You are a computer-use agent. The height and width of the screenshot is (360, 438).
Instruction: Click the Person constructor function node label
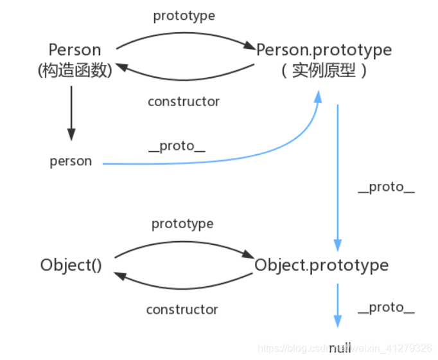coord(75,50)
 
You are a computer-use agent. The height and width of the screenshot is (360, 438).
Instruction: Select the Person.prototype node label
coord(324,50)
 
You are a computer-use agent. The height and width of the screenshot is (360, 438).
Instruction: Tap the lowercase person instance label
coord(71,161)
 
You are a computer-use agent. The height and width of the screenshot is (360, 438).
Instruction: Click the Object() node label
coord(71,265)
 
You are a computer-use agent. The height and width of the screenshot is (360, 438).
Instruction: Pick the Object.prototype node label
coord(321,265)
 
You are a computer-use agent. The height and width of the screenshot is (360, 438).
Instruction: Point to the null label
coord(340,348)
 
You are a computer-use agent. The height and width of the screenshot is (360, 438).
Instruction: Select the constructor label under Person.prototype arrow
coord(184,102)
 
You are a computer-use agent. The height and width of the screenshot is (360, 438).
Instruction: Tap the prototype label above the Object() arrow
coord(182,224)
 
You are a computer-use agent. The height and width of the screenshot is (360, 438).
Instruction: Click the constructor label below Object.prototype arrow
coord(182,310)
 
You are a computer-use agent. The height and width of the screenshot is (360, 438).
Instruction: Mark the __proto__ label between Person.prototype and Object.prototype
coord(386,187)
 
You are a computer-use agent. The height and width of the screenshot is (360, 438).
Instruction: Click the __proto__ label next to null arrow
coord(386,307)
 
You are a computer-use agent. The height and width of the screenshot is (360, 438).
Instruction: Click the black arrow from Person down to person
coord(71,113)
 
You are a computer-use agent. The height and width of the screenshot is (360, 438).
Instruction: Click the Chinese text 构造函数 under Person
coord(75,70)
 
